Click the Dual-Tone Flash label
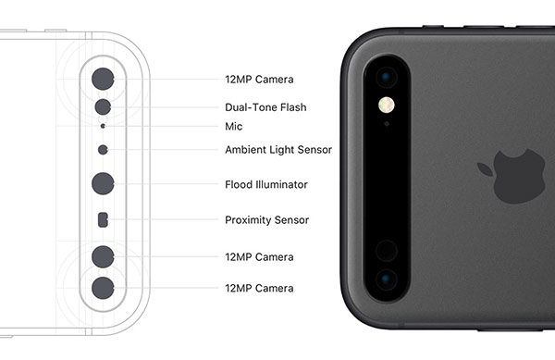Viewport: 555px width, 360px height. point(265,107)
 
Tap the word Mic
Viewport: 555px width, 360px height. point(234,127)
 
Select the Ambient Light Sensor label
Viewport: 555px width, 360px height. point(278,150)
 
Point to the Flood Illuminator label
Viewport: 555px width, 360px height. point(266,184)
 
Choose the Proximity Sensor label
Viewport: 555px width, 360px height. point(267,220)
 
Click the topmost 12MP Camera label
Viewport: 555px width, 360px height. point(259,80)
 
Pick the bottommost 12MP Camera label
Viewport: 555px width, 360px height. point(259,288)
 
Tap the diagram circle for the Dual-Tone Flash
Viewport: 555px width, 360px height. point(103,107)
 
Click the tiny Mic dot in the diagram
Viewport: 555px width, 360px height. point(103,126)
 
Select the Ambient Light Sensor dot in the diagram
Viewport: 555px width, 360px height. point(103,150)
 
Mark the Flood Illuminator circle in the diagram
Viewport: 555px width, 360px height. point(103,184)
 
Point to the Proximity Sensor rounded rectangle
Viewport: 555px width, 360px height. point(103,220)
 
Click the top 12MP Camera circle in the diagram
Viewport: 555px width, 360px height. point(103,79)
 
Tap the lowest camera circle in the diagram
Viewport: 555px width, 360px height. point(103,288)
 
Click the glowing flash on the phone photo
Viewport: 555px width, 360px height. point(387,105)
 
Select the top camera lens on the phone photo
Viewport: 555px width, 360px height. point(387,77)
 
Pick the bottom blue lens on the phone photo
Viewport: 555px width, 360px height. point(387,279)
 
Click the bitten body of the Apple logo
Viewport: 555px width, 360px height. point(519,176)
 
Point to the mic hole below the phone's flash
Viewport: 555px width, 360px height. point(387,124)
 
